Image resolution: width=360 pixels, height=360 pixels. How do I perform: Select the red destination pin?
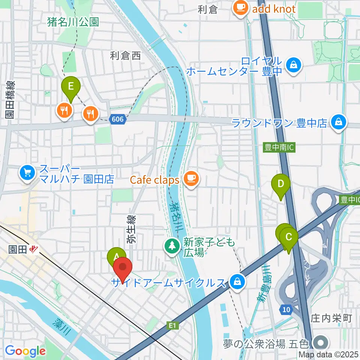tap(123, 268)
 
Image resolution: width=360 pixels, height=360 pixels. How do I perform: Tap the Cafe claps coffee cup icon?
tap(191, 180)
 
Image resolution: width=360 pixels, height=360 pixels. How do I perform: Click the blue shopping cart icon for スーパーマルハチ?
tap(27, 172)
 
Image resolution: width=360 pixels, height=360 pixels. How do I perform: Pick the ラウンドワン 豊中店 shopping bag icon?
tap(339, 123)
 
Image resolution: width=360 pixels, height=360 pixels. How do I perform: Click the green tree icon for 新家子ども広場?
tap(172, 247)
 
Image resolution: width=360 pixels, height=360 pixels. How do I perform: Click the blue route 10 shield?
tap(285, 309)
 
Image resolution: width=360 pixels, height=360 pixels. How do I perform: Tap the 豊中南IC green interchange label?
tap(278, 148)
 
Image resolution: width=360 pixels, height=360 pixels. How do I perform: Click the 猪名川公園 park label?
tap(73, 22)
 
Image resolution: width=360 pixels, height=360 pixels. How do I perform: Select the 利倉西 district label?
tap(125, 56)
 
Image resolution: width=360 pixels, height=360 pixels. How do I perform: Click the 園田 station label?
tap(18, 249)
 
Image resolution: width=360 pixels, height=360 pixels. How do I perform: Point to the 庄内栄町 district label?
tap(331, 318)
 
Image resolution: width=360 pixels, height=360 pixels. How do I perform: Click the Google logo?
tap(25, 351)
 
